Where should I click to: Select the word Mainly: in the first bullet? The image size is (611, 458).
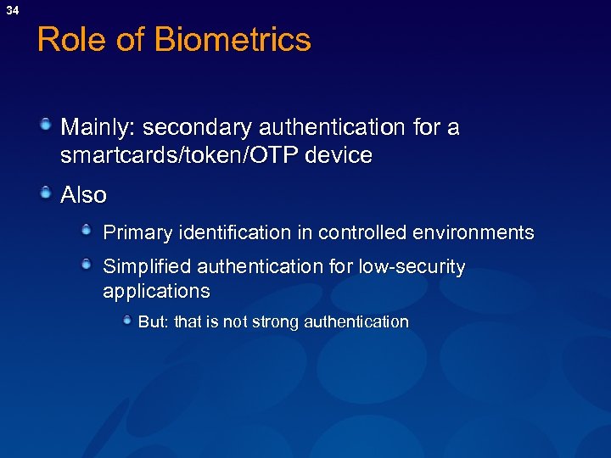point(98,128)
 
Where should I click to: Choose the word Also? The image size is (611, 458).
point(83,195)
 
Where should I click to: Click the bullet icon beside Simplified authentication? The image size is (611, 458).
point(87,265)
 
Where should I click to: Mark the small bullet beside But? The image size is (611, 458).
point(126,321)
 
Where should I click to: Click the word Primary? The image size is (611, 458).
point(135,232)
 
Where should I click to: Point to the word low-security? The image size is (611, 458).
point(412,267)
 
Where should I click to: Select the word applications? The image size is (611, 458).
point(156,291)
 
